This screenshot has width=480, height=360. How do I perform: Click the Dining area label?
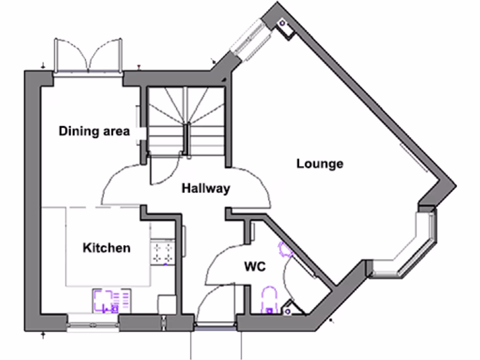pos(94,131)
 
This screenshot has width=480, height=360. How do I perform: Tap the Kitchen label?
pos(106,247)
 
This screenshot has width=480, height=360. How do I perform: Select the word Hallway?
pos(206,188)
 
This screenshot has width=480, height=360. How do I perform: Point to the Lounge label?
pos(320,164)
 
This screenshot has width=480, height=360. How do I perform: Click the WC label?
pos(255,267)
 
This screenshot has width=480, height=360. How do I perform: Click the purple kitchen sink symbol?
pos(112,301)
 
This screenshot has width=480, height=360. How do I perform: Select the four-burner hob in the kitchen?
pos(162,253)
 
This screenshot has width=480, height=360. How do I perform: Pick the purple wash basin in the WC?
pos(285,250)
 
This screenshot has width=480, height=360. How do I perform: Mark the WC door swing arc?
pos(223,265)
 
